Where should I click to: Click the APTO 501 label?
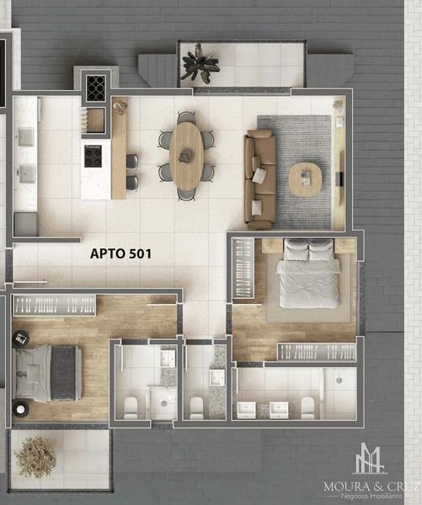pos(120,254)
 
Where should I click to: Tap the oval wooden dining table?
pos(186,157)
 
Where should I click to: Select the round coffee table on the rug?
pos(305,179)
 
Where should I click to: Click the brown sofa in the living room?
pos(260,179)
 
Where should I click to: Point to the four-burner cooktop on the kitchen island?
pos(93,156)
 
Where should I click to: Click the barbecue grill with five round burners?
pos(96,88)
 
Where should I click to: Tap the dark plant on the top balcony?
pos(200,63)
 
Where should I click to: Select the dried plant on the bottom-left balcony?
pos(35,457)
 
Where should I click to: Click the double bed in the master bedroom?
pos(308,274)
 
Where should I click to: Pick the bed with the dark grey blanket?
pos(48,373)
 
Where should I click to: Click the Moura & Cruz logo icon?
pos(370,460)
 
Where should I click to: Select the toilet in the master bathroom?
pos(307,407)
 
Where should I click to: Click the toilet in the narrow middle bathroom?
pos(196,408)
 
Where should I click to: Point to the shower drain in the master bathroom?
pos(339,380)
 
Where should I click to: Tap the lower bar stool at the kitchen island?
pos(132,183)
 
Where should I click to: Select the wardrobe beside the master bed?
pos(243,268)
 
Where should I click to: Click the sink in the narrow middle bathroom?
pos(216,377)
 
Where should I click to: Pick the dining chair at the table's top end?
pos(186,117)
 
